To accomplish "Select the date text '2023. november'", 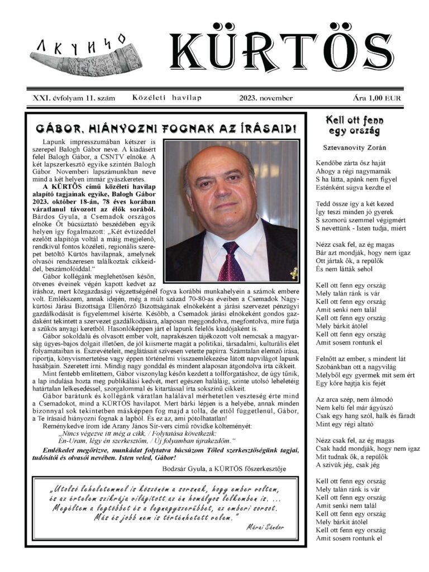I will pyautogui.click(x=266, y=98).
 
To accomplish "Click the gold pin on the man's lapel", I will pyautogui.click(x=293, y=273).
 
